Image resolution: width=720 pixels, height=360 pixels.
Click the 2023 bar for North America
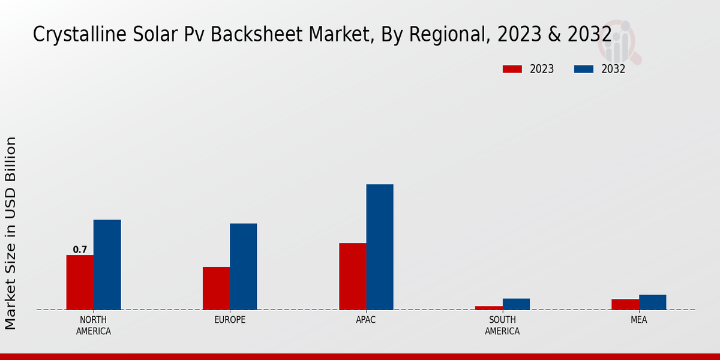pos(80,282)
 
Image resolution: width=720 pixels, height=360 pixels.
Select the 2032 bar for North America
pos(107,265)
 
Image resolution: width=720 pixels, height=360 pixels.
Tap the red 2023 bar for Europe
pos(216,288)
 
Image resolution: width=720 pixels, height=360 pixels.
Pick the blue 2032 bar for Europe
pos(243,266)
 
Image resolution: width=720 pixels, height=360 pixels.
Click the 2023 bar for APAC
pos(352,276)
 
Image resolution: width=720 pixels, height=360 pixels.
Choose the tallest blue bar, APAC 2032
pos(380,247)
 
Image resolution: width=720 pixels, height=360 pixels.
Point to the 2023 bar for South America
pos(488,308)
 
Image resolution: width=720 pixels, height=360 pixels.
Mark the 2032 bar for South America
pos(516,304)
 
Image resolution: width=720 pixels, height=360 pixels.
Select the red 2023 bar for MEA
pos(625,304)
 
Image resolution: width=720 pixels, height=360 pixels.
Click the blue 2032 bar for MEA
pos(652,302)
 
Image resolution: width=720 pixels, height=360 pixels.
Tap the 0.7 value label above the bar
pos(80,250)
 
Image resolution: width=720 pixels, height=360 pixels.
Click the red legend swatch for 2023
pos(512,69)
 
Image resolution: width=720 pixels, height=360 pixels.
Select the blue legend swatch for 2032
pos(584,69)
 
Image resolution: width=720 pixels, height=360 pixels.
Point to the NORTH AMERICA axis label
pos(94,325)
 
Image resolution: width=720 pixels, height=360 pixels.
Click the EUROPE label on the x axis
pos(230,320)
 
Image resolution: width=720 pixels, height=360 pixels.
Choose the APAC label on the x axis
pos(366,320)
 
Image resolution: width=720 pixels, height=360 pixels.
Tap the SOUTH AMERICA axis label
pos(502,325)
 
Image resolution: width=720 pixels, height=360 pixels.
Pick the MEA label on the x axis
pos(638,320)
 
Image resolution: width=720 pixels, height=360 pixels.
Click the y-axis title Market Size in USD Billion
pos(11,233)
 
